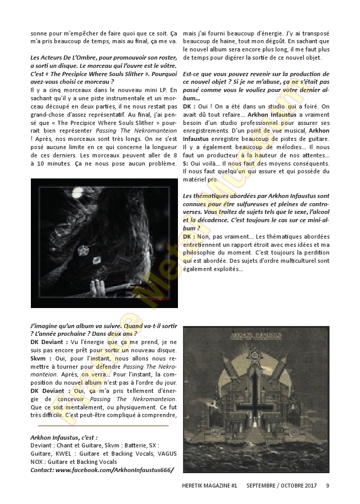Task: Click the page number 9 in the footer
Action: [x=328, y=485]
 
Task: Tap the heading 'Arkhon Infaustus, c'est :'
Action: [x=64, y=437]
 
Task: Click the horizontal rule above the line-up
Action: [x=103, y=425]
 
